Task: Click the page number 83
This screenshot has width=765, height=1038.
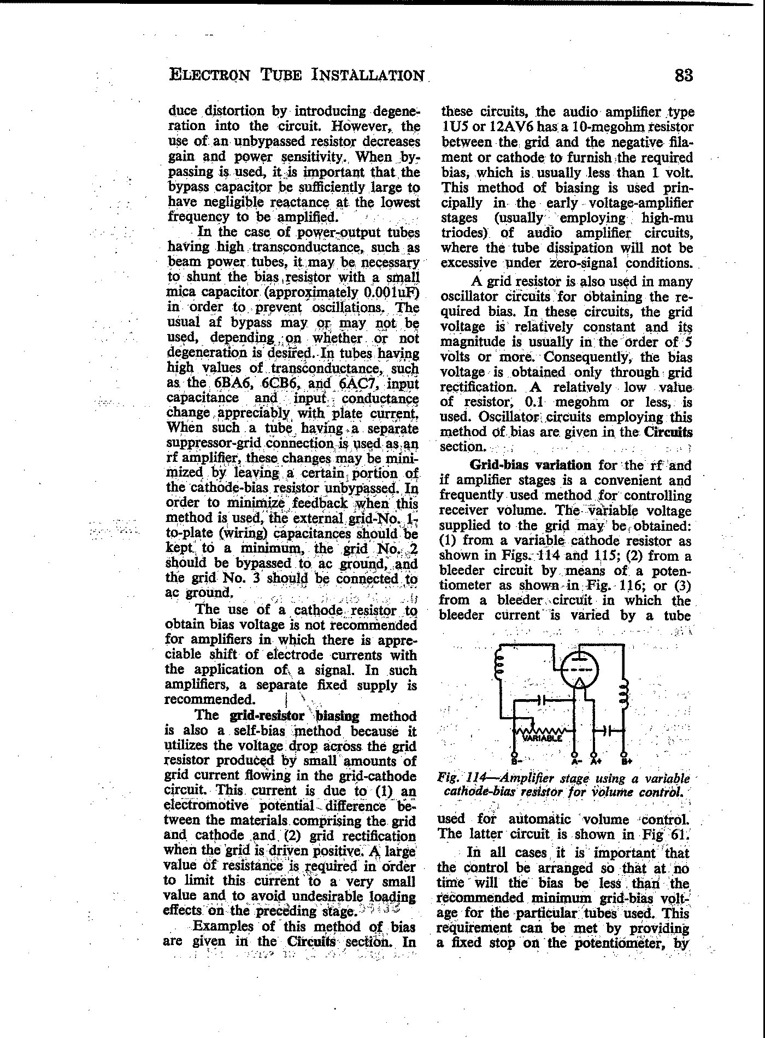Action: coord(684,75)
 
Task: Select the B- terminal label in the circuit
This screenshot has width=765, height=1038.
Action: coord(516,760)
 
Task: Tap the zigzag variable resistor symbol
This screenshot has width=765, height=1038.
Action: coord(544,731)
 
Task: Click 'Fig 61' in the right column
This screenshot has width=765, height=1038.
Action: coord(670,835)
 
